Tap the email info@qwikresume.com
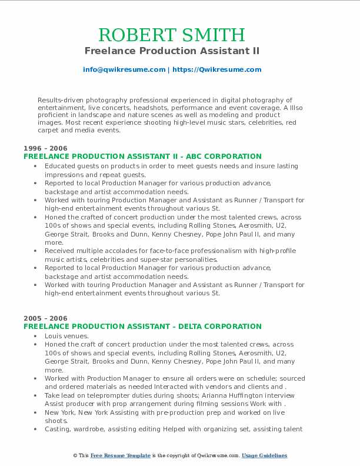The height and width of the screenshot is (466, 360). [124, 69]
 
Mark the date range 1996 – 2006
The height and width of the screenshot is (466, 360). [45, 148]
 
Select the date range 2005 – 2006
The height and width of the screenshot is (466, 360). [45, 318]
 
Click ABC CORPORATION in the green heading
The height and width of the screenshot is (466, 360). [221, 157]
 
